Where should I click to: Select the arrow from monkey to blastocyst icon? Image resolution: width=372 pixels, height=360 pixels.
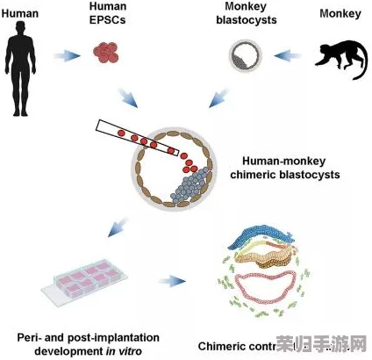tap(286, 57)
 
